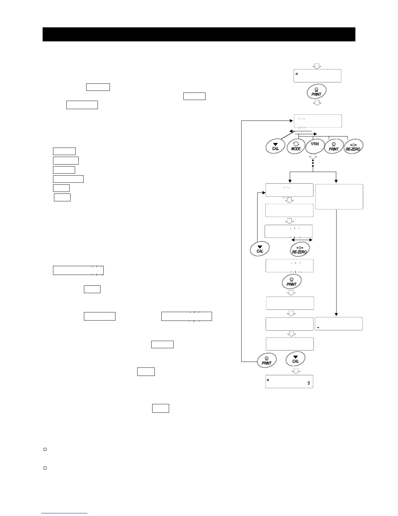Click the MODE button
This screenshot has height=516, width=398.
click(296, 146)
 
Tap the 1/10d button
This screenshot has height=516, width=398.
click(315, 146)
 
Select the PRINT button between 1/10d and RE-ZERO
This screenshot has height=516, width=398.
click(334, 146)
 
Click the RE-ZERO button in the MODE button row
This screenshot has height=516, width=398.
click(353, 146)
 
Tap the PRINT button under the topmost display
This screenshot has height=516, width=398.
click(316, 92)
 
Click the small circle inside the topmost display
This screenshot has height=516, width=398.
click(297, 74)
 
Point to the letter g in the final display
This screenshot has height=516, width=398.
click(308, 383)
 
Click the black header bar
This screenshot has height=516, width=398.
click(199, 34)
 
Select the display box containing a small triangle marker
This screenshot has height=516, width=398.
click(338, 324)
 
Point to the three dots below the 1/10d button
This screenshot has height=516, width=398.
click(313, 163)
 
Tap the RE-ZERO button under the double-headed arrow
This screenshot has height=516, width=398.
click(299, 250)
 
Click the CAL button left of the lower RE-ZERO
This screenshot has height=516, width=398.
click(260, 249)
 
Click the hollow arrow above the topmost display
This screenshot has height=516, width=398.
click(317, 65)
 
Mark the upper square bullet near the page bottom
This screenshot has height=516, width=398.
click(45, 450)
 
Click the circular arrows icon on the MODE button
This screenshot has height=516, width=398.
click(296, 143)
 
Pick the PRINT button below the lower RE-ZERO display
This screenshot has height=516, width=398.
click(291, 282)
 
